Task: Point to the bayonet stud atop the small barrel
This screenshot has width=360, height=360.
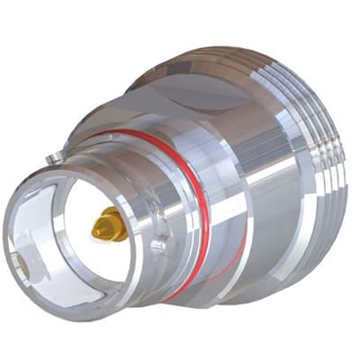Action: click(x=54, y=158)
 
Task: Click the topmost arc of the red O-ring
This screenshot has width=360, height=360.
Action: click(x=144, y=133)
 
